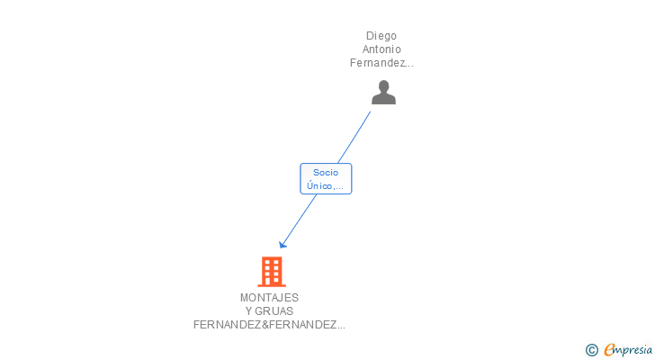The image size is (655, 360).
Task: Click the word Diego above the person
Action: click(381, 36)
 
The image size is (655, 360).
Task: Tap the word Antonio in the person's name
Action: click(381, 49)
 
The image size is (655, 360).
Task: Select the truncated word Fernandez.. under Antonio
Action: click(381, 63)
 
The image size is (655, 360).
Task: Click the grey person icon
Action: click(383, 93)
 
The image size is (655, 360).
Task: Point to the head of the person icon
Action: click(383, 86)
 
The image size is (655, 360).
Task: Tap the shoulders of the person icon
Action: click(383, 99)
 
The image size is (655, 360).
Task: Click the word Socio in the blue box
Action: click(325, 172)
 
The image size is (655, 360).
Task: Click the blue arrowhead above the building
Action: click(283, 244)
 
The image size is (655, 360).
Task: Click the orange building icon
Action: click(271, 271)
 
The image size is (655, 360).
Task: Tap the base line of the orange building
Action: click(271, 285)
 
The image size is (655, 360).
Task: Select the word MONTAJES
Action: click(269, 297)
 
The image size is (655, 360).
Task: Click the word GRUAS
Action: click(274, 311)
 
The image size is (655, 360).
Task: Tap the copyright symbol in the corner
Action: click(591, 350)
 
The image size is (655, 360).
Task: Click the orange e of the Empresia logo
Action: click(609, 350)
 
